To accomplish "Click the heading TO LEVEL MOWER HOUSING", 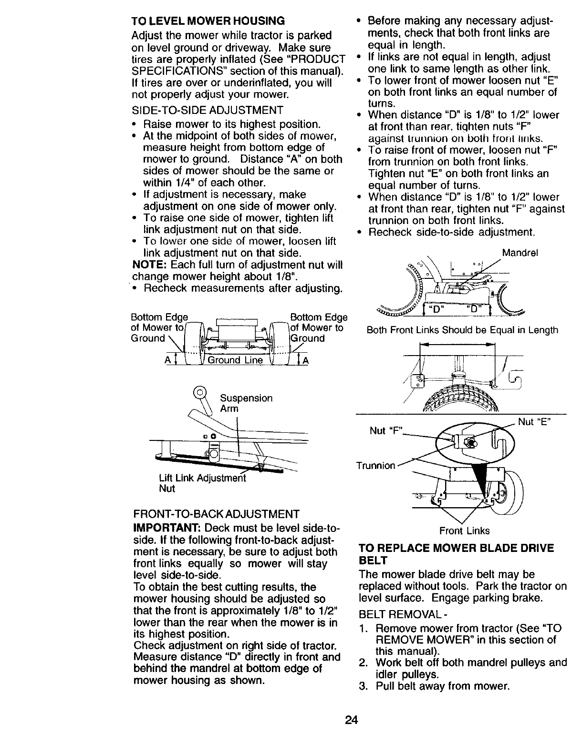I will click(x=208, y=21).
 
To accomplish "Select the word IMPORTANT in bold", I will click(x=164, y=529).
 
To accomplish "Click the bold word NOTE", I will click(x=148, y=265).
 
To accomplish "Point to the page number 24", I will click(x=352, y=720).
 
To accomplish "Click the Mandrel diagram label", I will click(x=520, y=253).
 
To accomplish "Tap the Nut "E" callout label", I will click(x=535, y=421).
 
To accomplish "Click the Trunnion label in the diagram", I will click(x=376, y=465).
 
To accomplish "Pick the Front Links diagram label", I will click(x=465, y=531).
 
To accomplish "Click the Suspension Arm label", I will click(x=246, y=403).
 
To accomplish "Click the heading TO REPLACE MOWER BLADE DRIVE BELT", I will click(x=456, y=554).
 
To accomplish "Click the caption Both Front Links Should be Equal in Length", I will click(x=462, y=330).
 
